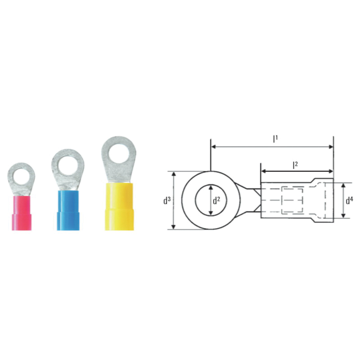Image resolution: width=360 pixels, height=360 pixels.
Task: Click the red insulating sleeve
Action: click(x=22, y=213)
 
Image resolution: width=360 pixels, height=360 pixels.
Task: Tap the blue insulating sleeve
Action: click(x=68, y=210)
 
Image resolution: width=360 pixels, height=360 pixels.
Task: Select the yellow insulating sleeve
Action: click(x=119, y=207)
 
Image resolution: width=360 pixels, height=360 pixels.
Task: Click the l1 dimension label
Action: click(x=275, y=139)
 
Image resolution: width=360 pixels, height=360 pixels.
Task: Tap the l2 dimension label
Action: click(x=295, y=165)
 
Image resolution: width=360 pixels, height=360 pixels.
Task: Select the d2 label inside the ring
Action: click(x=216, y=200)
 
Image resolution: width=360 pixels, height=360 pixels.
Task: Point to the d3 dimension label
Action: click(x=167, y=200)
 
